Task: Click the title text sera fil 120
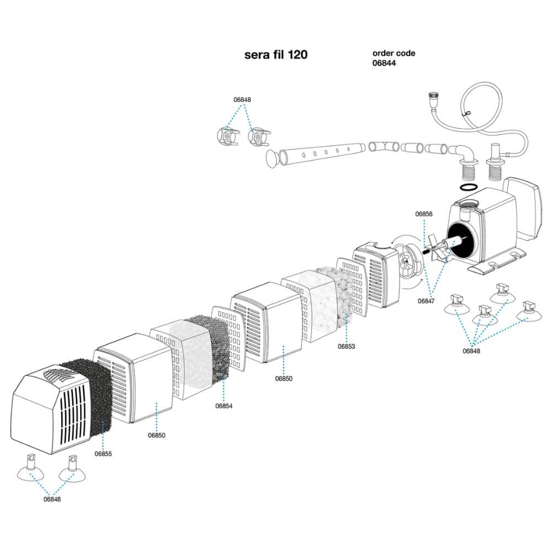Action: (275, 55)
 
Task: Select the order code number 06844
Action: (384, 63)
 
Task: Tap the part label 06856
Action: (423, 214)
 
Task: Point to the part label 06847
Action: (426, 301)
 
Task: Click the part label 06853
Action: (347, 347)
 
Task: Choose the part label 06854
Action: (224, 406)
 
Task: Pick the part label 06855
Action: (103, 454)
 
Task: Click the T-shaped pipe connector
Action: (384, 146)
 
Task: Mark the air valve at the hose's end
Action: (432, 100)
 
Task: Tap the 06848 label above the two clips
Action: (242, 99)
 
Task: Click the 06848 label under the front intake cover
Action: (52, 499)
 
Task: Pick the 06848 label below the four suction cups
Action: (471, 351)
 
